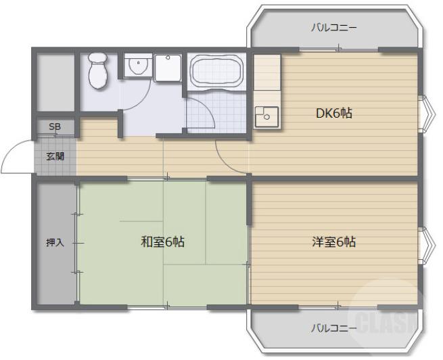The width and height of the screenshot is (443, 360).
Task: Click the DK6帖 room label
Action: point(334,113)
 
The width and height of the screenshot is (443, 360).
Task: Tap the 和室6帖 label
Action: point(163,241)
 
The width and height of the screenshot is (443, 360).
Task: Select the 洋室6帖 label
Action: point(333,242)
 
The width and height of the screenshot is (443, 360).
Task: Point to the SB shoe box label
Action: point(53,127)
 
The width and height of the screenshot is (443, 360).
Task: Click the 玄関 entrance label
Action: point(55,156)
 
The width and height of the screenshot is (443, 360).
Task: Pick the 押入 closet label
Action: point(55,242)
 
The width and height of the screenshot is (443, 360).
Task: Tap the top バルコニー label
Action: point(334,28)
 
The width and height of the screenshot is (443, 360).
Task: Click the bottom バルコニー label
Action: point(334,328)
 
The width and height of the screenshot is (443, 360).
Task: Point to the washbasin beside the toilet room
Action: point(138,66)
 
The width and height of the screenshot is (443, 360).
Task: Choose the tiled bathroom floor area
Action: point(210,111)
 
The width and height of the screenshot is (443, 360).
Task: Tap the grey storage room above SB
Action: point(55,81)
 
